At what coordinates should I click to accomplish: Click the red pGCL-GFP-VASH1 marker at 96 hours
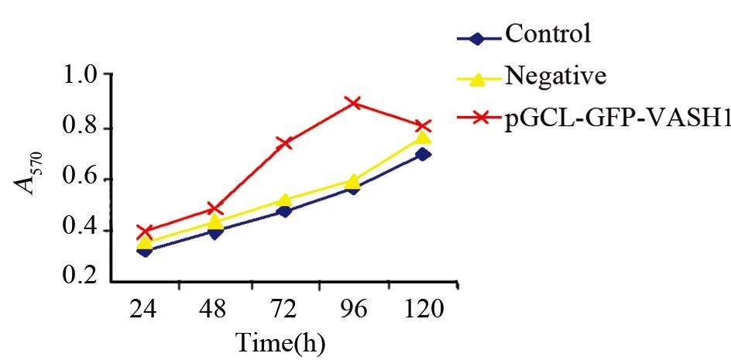pos(354,103)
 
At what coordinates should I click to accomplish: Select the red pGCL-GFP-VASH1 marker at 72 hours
pos(284,142)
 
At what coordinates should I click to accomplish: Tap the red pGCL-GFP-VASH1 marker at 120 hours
pos(423,126)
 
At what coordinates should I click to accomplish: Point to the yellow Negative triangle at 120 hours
pos(423,137)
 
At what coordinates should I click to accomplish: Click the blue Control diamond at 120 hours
pos(423,154)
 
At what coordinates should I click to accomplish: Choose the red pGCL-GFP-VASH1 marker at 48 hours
pos(214,208)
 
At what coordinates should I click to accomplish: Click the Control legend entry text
pos(547,33)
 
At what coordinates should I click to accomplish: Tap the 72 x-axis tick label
pos(284,311)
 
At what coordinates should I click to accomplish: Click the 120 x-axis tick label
pos(423,311)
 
